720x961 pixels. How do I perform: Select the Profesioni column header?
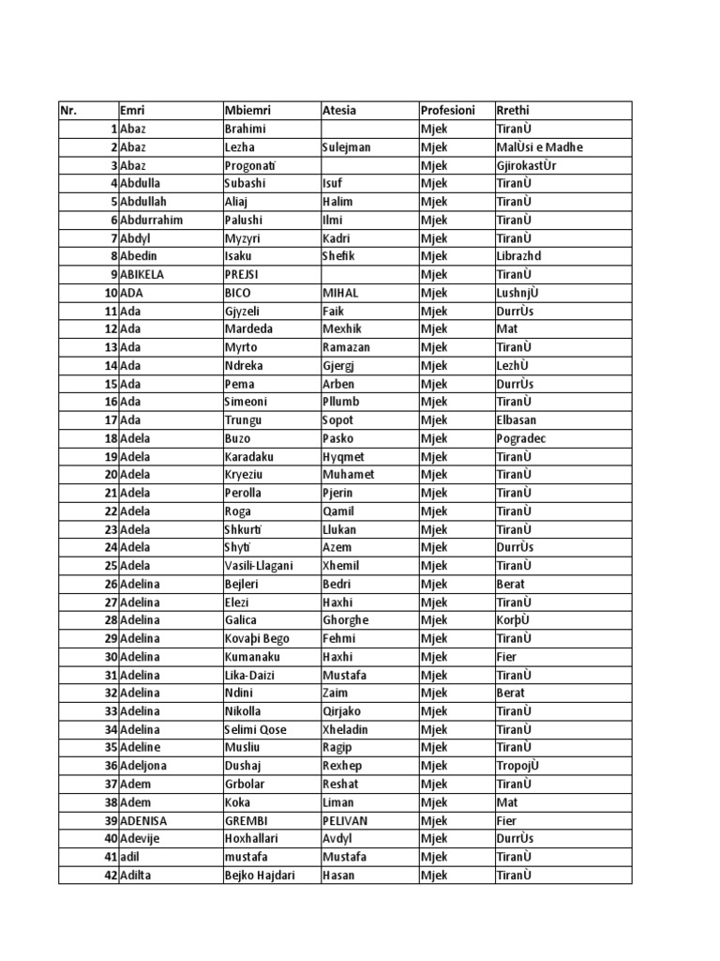click(x=448, y=111)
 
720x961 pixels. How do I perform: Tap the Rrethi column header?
click(x=513, y=111)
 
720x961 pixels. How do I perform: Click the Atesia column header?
click(x=338, y=111)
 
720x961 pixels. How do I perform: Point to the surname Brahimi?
click(x=246, y=129)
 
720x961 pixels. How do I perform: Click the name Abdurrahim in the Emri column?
click(x=151, y=220)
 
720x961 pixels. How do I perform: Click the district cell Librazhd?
click(x=519, y=256)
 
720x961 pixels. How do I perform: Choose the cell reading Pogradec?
click(x=520, y=438)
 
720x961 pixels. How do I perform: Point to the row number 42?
click(x=111, y=875)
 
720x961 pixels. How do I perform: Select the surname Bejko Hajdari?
click(x=260, y=875)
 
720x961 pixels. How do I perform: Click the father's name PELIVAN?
click(x=345, y=820)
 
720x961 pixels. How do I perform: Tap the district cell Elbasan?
click(x=517, y=419)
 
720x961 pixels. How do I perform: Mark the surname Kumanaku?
click(x=252, y=657)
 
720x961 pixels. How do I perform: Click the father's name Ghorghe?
click(x=346, y=620)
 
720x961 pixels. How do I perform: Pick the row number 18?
click(x=111, y=438)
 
